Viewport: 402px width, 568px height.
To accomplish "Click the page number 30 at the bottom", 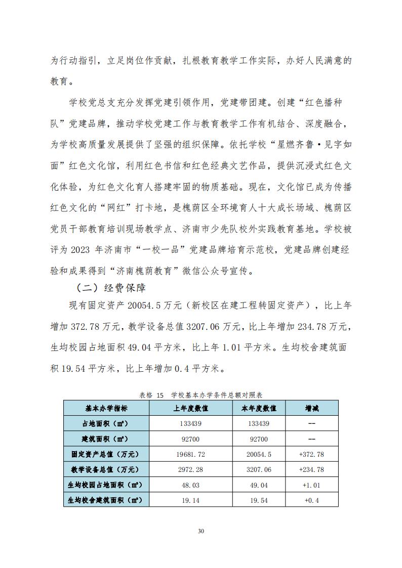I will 200,531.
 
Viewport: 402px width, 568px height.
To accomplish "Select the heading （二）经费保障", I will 111,288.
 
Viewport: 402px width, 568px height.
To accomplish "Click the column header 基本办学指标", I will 106,408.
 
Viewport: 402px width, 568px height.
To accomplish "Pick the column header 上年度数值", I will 191,408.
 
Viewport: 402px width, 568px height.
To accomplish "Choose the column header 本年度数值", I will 259,408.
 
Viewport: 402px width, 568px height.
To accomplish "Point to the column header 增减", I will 311,408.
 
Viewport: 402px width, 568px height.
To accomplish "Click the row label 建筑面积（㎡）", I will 106,439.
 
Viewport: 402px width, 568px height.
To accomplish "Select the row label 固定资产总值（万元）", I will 106,454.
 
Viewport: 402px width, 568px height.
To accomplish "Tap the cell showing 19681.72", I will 191,454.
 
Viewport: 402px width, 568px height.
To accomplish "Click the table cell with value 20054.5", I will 259,454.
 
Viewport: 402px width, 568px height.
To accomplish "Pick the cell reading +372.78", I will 311,454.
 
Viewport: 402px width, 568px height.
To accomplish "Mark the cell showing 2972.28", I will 191,469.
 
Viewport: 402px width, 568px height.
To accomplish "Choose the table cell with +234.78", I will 311,469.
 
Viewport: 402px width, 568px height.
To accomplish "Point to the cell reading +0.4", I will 311,500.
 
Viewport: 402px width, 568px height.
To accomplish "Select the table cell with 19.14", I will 191,500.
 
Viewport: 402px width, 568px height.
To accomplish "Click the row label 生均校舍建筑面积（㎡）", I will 106,500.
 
